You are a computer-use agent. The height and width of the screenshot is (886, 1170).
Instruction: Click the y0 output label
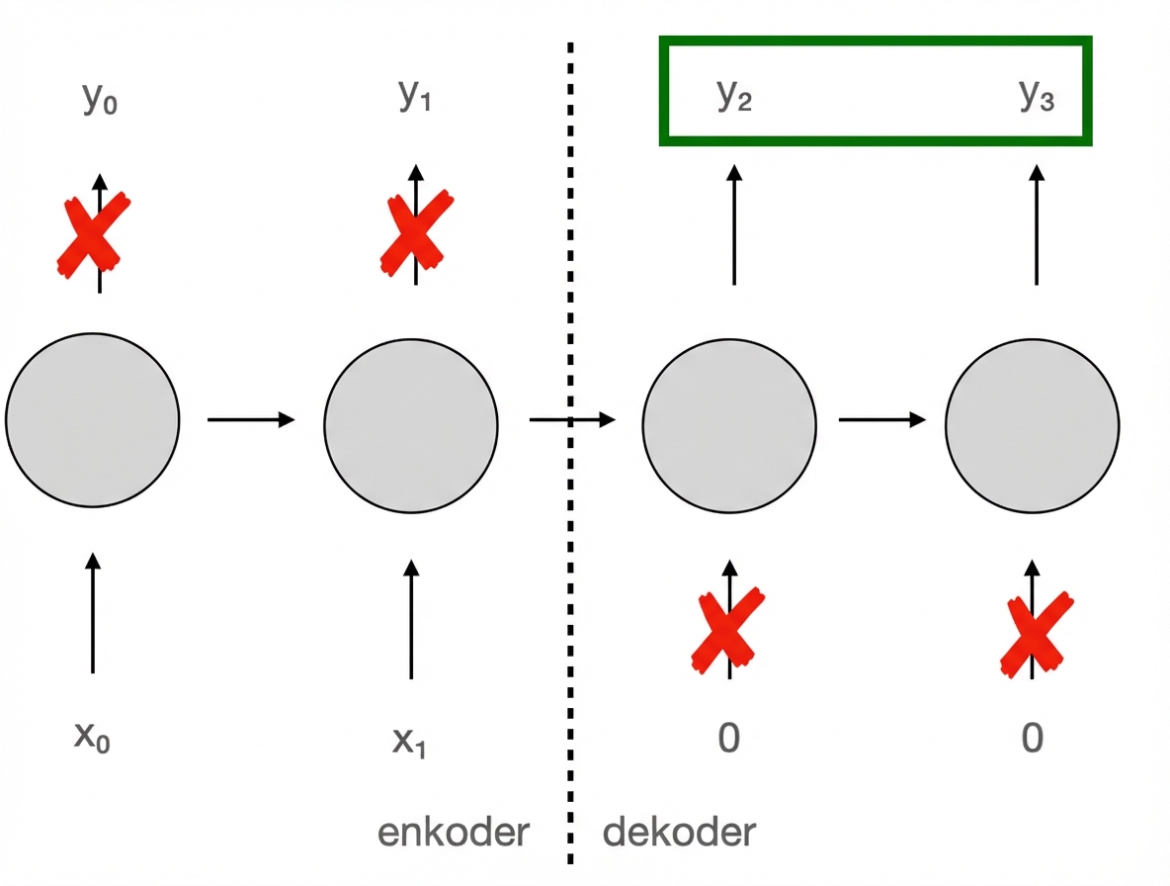99,100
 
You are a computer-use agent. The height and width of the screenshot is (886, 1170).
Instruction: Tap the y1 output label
415,95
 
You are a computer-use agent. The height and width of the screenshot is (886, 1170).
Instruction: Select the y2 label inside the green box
734,95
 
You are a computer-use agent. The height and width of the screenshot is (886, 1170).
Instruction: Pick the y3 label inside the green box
1037,95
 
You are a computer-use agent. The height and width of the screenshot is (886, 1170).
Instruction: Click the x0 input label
92,738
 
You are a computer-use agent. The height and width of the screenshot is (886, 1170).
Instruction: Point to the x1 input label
409,740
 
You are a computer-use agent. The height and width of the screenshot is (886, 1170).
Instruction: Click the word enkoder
454,832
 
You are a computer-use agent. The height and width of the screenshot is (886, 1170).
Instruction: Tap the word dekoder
679,832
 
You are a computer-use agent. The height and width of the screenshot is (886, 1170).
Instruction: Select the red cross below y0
93,234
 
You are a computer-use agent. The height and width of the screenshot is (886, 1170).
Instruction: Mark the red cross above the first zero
727,630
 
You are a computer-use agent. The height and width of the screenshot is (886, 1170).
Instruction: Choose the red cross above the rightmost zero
1035,633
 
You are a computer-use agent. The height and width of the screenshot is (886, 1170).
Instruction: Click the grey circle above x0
92,420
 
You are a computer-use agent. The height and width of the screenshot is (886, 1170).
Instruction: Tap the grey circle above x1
411,424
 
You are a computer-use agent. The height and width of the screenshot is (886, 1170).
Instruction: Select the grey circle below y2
729,425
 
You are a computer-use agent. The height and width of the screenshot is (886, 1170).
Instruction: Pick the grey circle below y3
1033,426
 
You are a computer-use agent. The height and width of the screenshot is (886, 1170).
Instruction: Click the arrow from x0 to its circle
93,613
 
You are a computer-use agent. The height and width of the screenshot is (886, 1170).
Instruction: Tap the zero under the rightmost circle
1033,738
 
